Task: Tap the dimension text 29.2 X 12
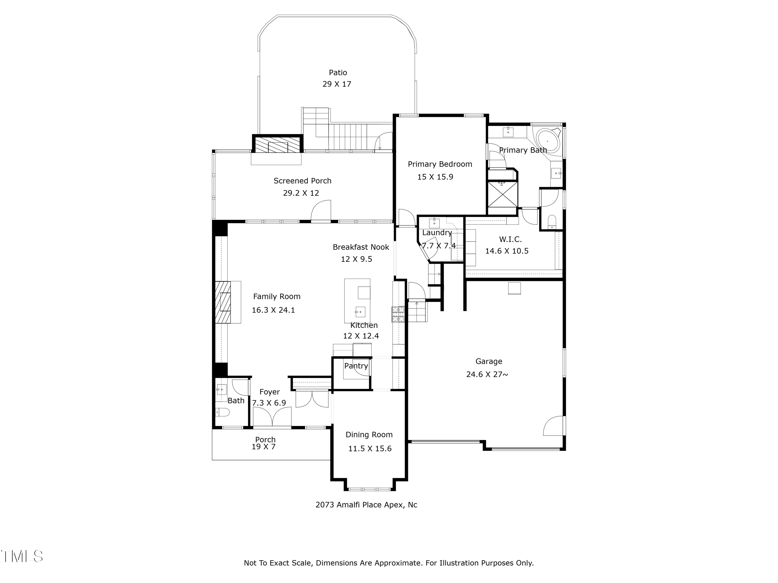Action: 301,193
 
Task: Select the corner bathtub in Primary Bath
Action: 548,141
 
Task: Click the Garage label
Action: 489,361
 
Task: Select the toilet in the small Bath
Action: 223,412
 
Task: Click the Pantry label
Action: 356,366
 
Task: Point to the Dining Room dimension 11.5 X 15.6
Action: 370,449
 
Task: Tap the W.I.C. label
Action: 510,240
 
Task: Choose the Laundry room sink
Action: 434,223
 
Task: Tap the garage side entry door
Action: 554,426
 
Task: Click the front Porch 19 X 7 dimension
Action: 263,447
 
